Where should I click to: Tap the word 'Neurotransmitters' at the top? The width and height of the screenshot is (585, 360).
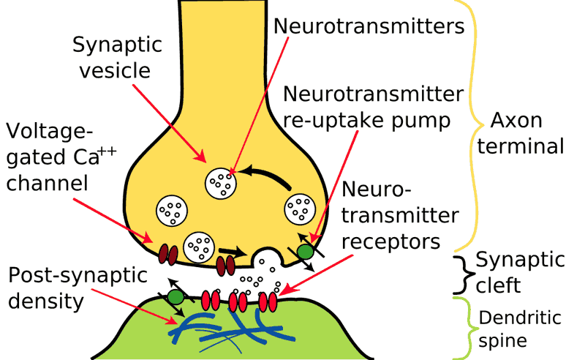369,26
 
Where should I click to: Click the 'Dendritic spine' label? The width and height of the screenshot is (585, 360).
519,329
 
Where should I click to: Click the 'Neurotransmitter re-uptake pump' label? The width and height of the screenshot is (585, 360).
373,107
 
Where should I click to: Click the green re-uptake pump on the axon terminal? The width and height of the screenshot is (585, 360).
306,250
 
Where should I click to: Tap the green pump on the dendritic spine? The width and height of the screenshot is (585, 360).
175,296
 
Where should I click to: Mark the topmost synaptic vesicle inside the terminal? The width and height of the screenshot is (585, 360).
222,182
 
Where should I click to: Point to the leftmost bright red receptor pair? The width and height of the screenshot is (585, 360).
211,300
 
